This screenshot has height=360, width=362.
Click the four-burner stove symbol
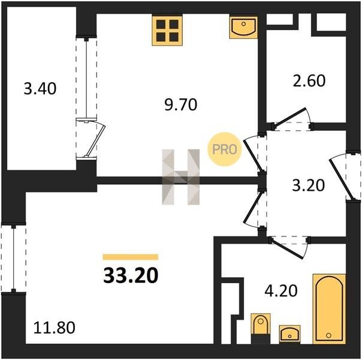167,30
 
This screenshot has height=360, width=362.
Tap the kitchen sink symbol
243,27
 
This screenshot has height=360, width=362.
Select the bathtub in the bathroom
329,309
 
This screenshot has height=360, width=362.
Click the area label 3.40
40,89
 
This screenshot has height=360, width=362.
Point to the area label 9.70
181,104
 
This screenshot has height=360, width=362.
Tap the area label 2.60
309,80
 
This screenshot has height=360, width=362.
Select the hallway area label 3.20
309,185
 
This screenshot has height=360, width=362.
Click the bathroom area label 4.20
281,290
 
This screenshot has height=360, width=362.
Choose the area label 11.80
55,328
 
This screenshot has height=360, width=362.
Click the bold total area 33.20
131,275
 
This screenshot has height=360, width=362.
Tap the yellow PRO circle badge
225,149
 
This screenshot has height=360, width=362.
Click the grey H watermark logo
181,177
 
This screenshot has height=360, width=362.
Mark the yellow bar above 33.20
131,257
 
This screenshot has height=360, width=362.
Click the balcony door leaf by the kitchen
95,141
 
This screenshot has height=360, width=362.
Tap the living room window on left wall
14,259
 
